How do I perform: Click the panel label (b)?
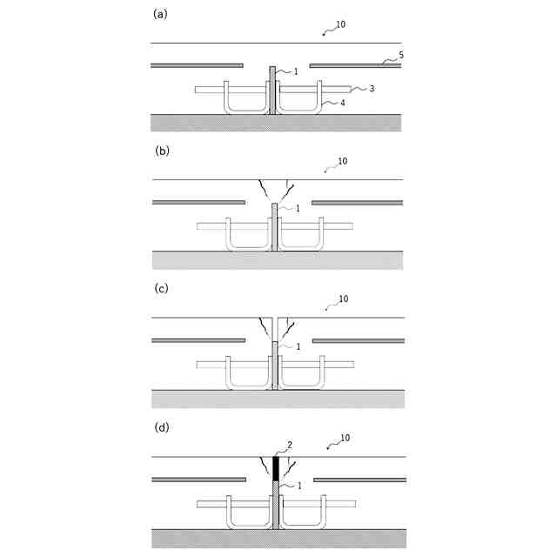161,150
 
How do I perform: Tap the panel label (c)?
161,288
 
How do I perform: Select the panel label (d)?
161,427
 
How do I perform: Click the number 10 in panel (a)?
340,24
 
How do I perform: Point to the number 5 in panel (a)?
400,55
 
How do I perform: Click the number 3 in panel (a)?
372,88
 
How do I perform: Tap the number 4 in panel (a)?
342,104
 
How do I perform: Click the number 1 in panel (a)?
296,71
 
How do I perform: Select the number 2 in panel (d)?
290,445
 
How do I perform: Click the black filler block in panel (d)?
276,468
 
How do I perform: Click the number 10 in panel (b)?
342,162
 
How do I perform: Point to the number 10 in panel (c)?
343,299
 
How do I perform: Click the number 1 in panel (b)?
298,209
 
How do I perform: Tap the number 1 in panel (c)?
299,346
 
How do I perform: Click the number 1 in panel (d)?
299,486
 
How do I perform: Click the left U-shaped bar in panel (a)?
246,109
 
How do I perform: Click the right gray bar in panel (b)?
357,202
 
